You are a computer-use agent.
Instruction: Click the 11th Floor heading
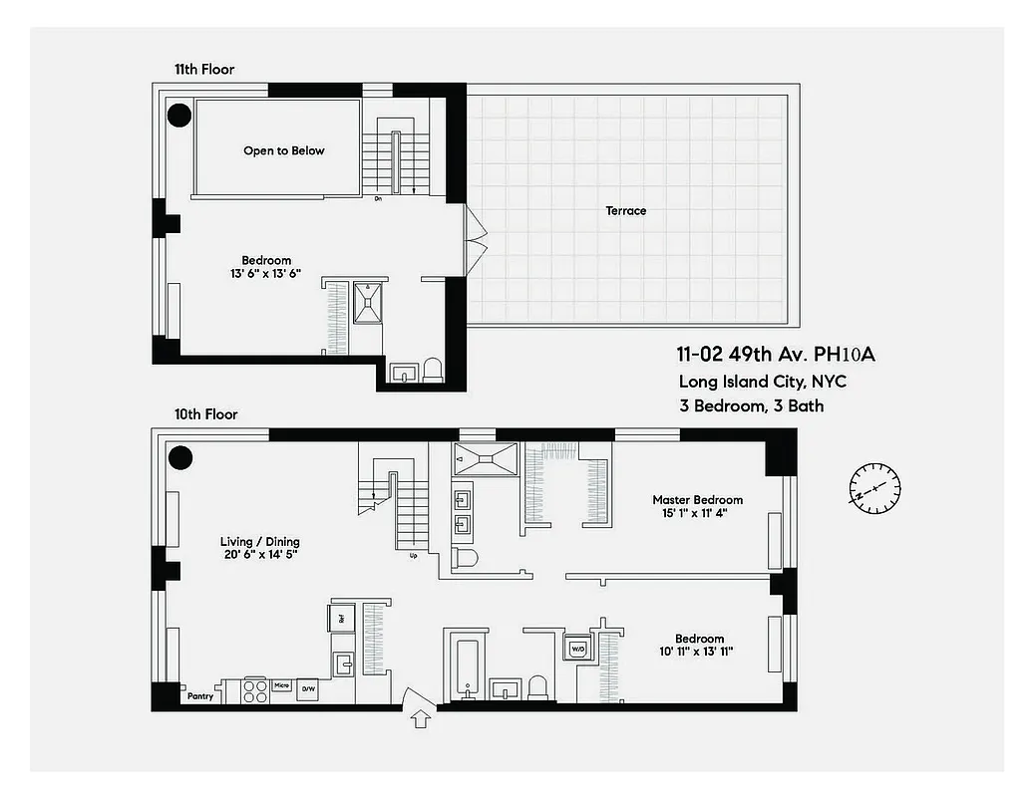coord(204,70)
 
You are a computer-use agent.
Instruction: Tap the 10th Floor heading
coord(206,414)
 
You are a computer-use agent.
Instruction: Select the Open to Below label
coord(284,150)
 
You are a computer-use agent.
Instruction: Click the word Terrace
coord(625,210)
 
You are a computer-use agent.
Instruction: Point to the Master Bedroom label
coord(697,500)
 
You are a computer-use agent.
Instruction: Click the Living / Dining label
coord(259,542)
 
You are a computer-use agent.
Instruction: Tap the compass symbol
coord(874,488)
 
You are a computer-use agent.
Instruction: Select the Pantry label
coord(200,696)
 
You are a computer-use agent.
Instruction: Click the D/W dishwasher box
coord(308,688)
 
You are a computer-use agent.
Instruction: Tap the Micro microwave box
coord(281,686)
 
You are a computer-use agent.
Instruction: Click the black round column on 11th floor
coord(177,116)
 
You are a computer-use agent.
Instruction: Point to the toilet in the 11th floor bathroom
coord(433,371)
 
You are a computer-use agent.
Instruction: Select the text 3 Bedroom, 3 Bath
coord(751,406)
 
